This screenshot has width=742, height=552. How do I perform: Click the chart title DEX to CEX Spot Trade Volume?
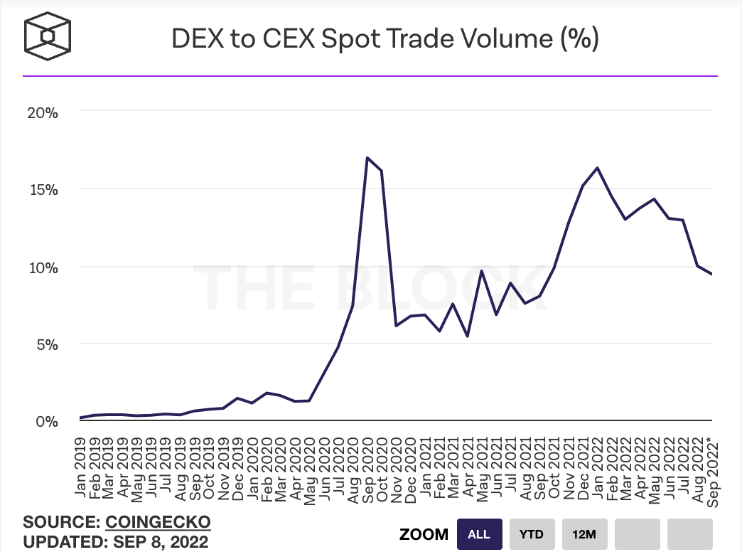click(x=385, y=38)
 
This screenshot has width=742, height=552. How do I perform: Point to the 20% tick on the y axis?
click(x=43, y=112)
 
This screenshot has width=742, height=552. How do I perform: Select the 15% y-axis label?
click(x=43, y=189)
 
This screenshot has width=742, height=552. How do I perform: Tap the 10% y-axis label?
click(x=43, y=267)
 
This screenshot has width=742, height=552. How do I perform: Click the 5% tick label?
click(x=47, y=344)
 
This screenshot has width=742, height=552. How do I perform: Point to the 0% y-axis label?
click(x=47, y=421)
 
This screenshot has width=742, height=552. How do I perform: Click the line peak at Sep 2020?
click(x=367, y=158)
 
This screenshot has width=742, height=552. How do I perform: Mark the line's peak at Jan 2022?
click(x=597, y=168)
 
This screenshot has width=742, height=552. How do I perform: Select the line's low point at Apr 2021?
click(x=467, y=336)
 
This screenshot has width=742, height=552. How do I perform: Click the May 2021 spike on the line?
click(x=482, y=271)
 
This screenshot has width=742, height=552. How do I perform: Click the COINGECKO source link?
click(x=158, y=522)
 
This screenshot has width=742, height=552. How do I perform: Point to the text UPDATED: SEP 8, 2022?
click(x=116, y=541)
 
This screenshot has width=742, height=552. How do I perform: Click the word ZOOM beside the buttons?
click(x=424, y=534)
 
